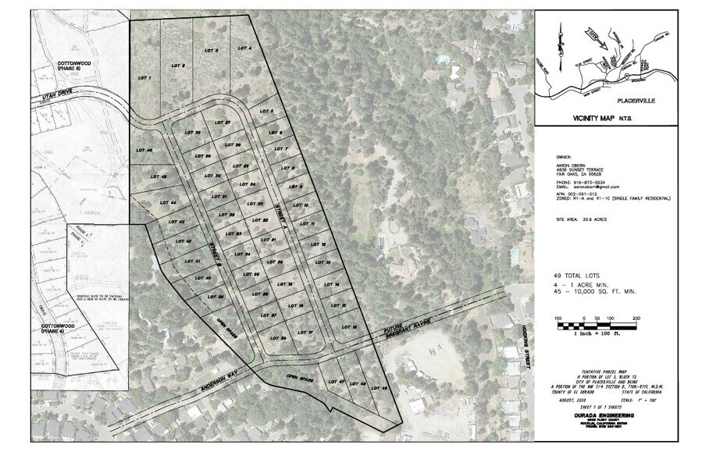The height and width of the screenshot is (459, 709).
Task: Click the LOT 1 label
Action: coord(144,78)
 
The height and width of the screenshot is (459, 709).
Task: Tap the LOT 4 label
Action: coord(244,48)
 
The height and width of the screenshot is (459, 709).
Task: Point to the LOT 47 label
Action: coord(337,381)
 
